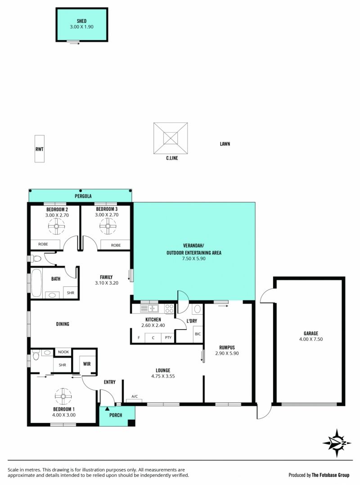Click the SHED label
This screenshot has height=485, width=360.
tap(81, 21)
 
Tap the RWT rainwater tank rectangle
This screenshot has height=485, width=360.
tap(39, 149)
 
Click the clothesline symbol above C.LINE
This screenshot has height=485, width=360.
tap(171, 138)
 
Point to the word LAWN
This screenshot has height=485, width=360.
tap(225, 144)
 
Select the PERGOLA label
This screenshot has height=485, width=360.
tap(83, 196)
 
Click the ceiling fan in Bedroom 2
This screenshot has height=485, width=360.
tap(57, 226)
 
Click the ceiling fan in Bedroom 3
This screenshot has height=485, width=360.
tap(108, 226)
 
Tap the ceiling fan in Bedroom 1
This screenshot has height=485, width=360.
tap(63, 396)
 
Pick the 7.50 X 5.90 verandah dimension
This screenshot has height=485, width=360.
tap(194, 258)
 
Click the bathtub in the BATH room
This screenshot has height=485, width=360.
tap(36, 283)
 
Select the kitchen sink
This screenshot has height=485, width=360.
tap(149, 308)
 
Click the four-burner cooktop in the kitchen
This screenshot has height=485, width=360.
tap(169, 308)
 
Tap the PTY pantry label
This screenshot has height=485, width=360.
tap(168, 337)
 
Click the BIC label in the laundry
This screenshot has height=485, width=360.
tap(198, 334)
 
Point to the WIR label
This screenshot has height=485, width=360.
tap(87, 364)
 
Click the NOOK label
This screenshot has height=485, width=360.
tap(63, 352)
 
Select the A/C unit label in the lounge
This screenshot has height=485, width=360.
tap(135, 397)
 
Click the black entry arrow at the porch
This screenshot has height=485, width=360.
tap(107, 408)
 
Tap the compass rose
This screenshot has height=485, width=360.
tap(337, 443)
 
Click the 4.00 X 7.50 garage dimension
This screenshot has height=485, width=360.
tap(311, 339)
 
